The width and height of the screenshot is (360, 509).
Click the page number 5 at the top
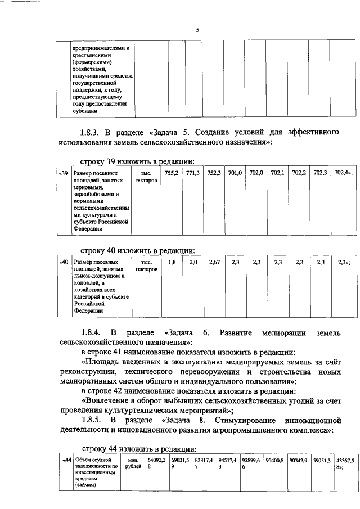(x=197, y=30)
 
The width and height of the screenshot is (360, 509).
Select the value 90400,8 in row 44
(x=274, y=461)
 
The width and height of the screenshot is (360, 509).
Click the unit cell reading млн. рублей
(x=133, y=463)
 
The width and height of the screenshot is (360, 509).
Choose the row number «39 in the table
(x=64, y=174)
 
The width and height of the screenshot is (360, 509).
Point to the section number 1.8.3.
(x=93, y=133)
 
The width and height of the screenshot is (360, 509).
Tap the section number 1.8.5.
(x=93, y=420)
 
